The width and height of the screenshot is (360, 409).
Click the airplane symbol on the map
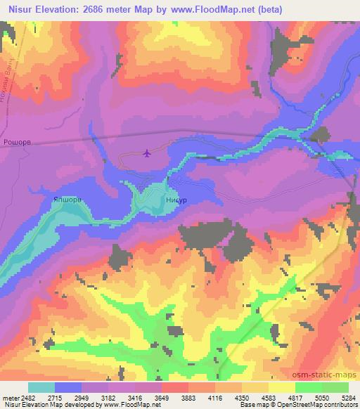147,153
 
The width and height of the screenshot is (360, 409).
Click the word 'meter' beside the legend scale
14,398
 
